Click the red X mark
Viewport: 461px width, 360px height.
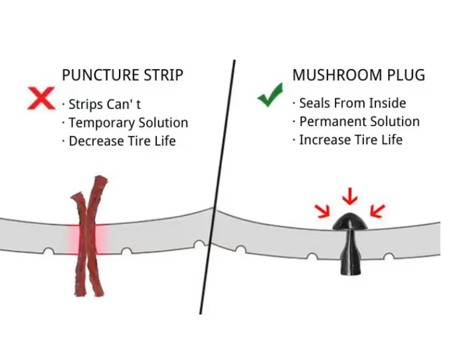[x=41, y=98]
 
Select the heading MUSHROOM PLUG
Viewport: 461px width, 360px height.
[x=358, y=75]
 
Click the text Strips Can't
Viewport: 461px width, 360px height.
[x=104, y=104]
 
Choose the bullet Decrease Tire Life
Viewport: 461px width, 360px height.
[x=122, y=141]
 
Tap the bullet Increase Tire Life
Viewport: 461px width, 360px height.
[x=350, y=140]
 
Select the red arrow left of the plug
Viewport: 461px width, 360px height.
[x=322, y=211]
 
